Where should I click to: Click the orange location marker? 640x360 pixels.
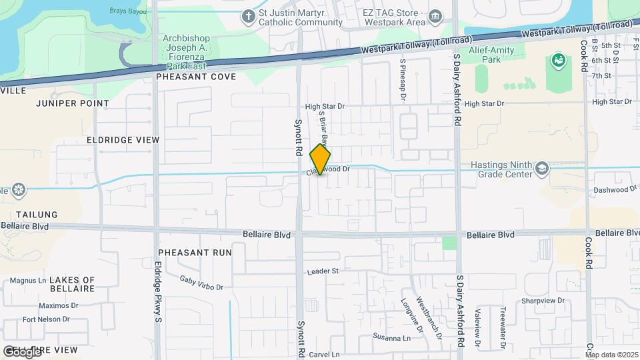click(321, 159)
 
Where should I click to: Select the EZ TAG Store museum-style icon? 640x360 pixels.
click(435, 15)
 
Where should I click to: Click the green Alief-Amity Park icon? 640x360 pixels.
click(558, 61)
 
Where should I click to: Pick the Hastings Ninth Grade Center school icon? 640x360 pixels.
click(541, 169)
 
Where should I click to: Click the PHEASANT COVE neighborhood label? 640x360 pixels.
click(196, 77)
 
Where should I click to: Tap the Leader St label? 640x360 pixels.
click(323, 271)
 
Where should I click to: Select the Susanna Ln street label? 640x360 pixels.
click(391, 337)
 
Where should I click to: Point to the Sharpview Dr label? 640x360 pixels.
click(543, 301)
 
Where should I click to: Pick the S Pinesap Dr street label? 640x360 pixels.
click(403, 80)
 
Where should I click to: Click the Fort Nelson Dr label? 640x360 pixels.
click(46, 319)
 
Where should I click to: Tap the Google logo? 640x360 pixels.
click(21, 351)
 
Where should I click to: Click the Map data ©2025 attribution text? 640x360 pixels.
click(611, 355)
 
